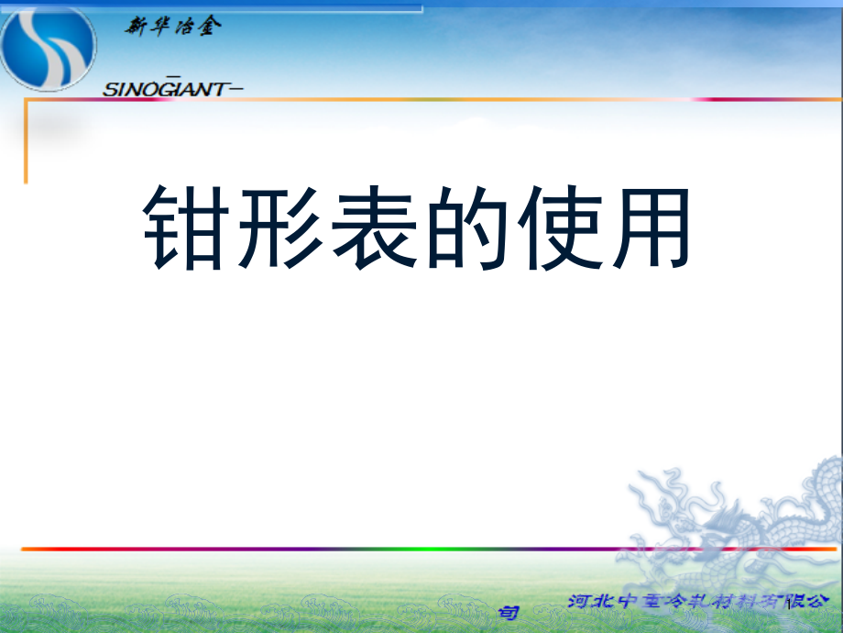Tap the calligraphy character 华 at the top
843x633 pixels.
pos(159,28)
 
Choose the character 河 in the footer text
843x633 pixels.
pos(580,603)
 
